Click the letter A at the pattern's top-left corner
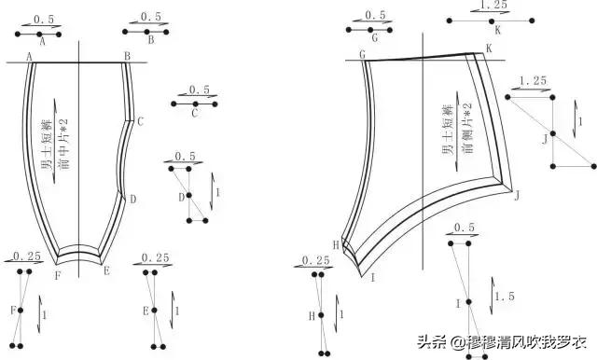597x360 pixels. coord(30,56)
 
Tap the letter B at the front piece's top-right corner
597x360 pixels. coord(127,56)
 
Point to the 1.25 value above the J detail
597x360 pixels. coord(532,81)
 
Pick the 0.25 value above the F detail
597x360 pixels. coord(27,256)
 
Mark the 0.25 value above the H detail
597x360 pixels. coord(318,260)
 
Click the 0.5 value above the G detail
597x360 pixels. coord(375,16)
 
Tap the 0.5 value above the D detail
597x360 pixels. coord(186,156)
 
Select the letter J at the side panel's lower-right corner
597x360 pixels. coord(516,195)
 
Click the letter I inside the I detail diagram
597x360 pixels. coord(457,303)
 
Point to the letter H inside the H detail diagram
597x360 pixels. coord(313,316)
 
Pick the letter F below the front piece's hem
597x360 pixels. coord(57,276)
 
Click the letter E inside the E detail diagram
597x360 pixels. coord(146,311)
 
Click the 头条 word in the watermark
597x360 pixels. coord(437,341)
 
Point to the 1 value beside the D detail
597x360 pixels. coord(218,192)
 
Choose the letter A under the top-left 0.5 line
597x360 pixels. coord(42,41)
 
